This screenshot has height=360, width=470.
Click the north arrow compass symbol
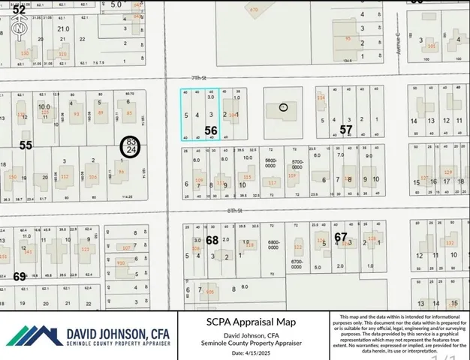(19, 28)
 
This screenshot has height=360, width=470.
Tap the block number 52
(19, 10)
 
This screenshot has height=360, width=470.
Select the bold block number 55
(26, 145)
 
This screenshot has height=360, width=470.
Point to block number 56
(211, 130)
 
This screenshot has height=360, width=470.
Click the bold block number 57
(345, 130)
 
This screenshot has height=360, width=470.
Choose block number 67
(341, 237)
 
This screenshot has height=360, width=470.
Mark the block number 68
(212, 241)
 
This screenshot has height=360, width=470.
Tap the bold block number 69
(20, 276)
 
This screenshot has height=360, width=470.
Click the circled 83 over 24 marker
(131, 145)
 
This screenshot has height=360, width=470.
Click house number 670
(254, 10)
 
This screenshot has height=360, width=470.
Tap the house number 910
(121, 263)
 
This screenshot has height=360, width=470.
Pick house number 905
(210, 291)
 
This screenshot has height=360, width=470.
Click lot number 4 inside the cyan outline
(197, 115)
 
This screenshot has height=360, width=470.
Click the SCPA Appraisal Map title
(252, 321)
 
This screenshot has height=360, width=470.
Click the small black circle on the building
(283, 107)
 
